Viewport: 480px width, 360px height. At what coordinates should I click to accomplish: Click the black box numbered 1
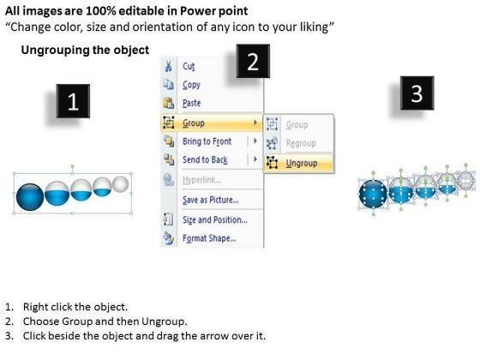73,101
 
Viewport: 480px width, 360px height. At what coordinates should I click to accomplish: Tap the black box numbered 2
253,61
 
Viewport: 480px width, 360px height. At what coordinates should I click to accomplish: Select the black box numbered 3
417,93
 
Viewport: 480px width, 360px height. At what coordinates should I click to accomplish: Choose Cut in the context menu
189,66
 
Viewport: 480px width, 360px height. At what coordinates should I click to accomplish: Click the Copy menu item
191,85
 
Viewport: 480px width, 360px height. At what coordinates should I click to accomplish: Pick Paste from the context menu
192,103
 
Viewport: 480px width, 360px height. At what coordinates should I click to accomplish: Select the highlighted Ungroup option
302,163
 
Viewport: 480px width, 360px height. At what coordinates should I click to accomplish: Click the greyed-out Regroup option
301,143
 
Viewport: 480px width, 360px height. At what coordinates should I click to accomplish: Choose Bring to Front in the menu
207,141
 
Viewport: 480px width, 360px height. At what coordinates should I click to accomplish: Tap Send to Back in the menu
205,159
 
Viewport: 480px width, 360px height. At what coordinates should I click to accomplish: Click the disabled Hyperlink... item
201,180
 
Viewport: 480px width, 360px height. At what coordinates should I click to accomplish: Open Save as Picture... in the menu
211,200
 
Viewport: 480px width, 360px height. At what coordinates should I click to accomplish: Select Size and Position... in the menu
215,219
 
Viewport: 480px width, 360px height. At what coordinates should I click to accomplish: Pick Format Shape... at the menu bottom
209,238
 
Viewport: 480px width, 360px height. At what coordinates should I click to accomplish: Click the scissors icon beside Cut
168,66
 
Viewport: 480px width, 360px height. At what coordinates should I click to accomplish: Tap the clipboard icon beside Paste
169,103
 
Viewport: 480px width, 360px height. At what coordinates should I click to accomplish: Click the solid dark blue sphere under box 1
30,197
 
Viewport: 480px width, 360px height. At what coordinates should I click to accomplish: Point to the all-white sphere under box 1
121,183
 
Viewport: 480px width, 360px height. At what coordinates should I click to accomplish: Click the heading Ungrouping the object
85,50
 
